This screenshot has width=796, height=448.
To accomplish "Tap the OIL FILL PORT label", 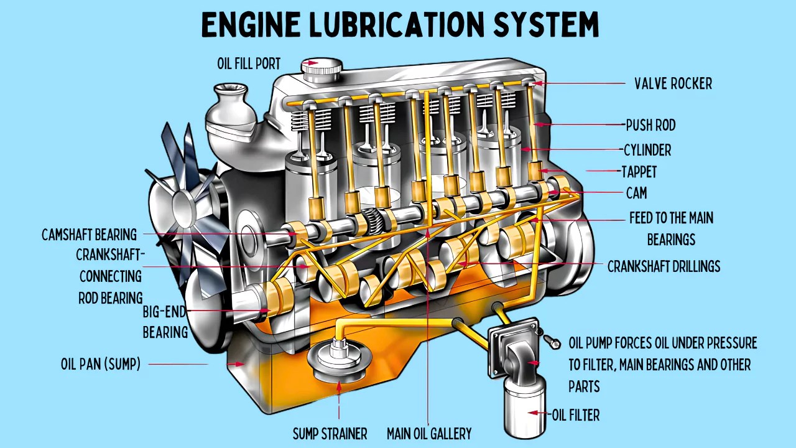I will pyautogui.click(x=248, y=63).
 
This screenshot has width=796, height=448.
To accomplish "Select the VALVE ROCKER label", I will pyautogui.click(x=673, y=83).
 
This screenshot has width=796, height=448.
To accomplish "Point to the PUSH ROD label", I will pyautogui.click(x=650, y=125).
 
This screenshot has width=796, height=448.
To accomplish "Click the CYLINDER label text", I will pyautogui.click(x=647, y=150).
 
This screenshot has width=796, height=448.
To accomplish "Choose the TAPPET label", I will pyautogui.click(x=639, y=171).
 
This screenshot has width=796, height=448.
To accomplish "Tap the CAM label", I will pyautogui.click(x=636, y=193).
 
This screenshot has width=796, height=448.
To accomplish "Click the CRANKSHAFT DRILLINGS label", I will pyautogui.click(x=664, y=266).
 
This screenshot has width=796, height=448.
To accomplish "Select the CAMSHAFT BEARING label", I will pyautogui.click(x=89, y=235).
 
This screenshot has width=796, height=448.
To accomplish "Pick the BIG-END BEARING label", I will pyautogui.click(x=165, y=322).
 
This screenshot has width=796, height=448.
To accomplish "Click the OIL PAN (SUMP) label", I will pyautogui.click(x=101, y=364).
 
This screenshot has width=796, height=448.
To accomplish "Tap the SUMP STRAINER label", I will pyautogui.click(x=330, y=433).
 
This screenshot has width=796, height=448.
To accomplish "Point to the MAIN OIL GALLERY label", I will pyautogui.click(x=429, y=433).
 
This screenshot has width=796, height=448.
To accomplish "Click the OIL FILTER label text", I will pyautogui.click(x=576, y=414).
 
